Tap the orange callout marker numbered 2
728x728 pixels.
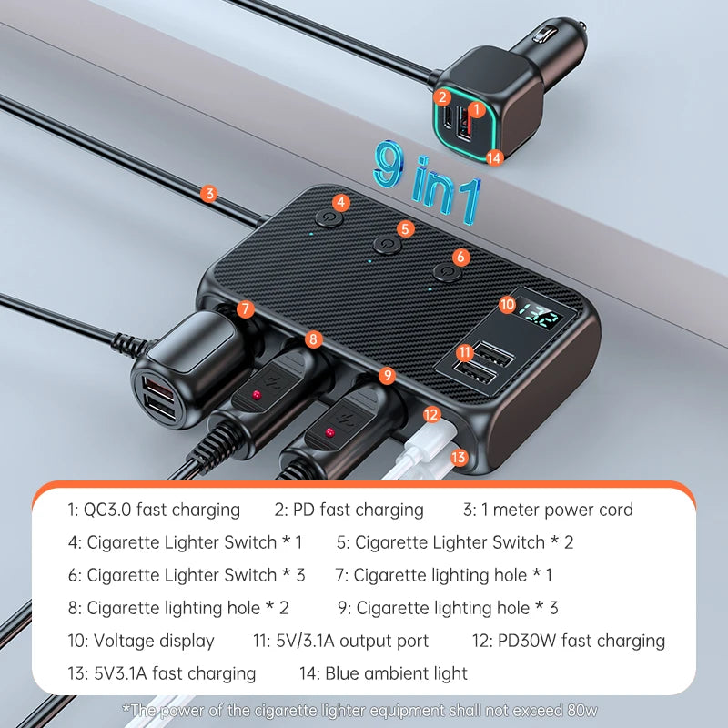442,96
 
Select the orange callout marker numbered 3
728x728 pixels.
209,193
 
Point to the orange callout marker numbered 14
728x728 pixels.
494,157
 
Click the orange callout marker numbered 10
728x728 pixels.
507,306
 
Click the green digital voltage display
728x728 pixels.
541,318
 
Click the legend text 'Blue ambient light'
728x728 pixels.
382,673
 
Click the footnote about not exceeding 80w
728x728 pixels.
359,710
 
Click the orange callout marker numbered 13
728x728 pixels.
459,457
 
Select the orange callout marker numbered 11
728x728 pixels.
465,351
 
